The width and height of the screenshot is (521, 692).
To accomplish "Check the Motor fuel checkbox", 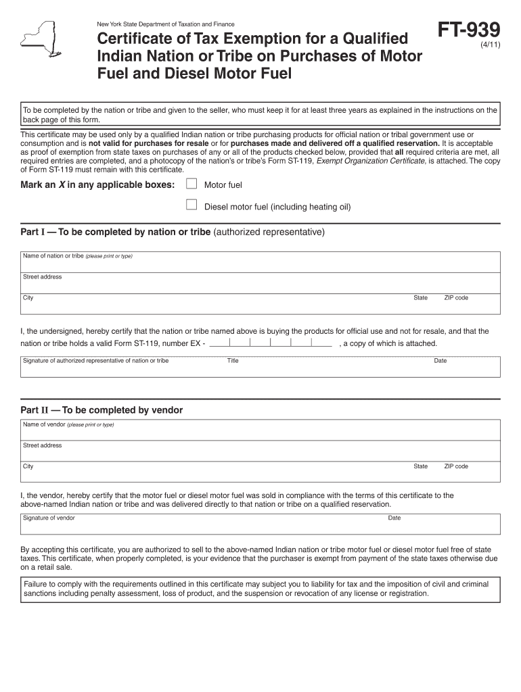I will [x=191, y=184].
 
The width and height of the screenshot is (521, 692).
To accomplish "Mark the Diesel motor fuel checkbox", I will [x=191, y=205].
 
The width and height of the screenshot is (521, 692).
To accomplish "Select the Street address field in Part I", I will [x=260, y=283].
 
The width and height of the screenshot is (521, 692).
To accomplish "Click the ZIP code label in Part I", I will [x=456, y=298].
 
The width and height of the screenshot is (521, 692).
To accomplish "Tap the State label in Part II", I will [x=421, y=466].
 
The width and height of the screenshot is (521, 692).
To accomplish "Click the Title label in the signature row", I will [x=233, y=361].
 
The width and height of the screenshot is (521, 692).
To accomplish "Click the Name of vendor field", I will [x=260, y=430].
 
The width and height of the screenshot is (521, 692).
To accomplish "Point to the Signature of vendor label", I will [x=49, y=518].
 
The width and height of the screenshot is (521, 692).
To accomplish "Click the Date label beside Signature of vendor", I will [x=394, y=518].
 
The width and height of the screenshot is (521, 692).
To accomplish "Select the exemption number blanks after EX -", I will [x=271, y=343].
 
